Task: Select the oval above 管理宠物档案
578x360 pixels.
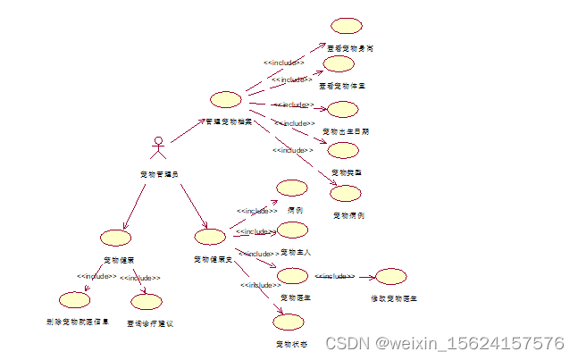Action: pos(225,99)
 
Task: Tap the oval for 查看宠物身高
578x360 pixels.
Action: pos(345,27)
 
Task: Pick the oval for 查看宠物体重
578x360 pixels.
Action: pos(339,64)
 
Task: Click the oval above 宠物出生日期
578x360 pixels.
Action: pos(342,110)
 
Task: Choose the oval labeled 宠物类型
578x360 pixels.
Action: pos(344,150)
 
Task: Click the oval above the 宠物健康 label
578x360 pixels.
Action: pos(116,238)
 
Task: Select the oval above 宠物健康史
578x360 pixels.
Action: pos(211,237)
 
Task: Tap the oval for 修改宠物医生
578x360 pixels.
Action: pos(391,276)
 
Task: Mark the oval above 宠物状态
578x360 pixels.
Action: pos(289,322)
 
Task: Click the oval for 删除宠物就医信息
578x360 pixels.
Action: pos(74,299)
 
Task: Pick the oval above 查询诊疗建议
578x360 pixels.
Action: pos(147,301)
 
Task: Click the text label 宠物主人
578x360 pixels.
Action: pos(295,252)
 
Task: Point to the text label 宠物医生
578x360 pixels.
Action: pos(294,297)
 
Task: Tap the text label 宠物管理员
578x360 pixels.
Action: pos(159,173)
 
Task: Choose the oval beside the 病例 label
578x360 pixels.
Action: pos(292,188)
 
